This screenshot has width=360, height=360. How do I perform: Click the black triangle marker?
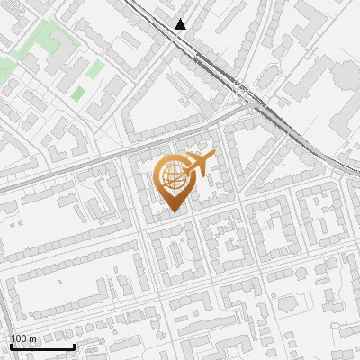181,24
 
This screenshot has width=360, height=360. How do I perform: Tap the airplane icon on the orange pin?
200,163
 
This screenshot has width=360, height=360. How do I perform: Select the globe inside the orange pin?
174,179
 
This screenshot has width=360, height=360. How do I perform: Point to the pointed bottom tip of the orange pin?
174,212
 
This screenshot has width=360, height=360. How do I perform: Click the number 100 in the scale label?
19,338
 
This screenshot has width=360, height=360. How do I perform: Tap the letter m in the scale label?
33,338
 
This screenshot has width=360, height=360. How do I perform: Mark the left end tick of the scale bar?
11,345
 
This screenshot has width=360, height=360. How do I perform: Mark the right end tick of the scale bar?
74,345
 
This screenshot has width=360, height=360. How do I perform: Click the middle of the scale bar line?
42,346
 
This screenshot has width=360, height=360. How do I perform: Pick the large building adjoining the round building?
315,85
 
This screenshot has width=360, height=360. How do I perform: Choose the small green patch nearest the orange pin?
78,93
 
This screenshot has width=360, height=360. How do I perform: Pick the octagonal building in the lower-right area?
319,212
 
